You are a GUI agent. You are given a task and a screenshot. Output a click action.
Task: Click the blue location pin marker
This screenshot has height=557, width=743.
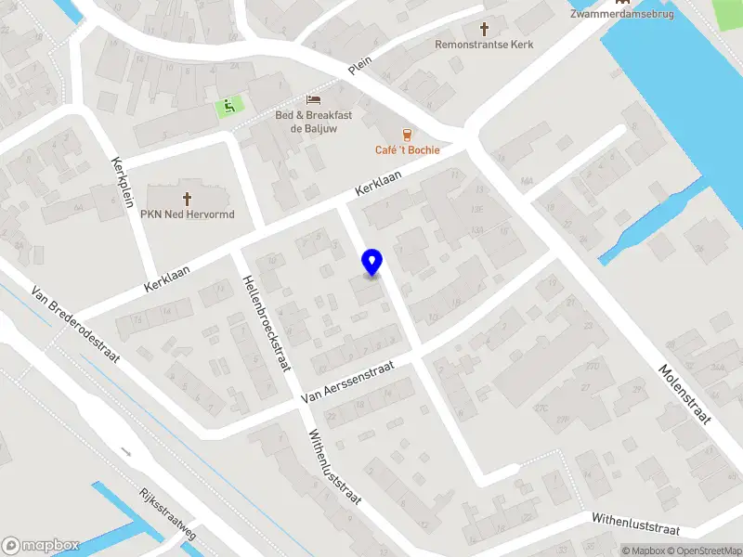point(371,263)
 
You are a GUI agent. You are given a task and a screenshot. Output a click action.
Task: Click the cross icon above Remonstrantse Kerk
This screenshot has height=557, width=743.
point(483,29)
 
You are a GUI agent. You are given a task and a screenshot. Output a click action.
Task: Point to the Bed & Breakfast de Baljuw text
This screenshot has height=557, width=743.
point(313,122)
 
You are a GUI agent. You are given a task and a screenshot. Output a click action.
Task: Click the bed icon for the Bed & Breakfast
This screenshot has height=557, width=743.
point(314,99)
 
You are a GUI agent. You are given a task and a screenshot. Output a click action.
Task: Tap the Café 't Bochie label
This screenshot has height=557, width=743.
point(407,150)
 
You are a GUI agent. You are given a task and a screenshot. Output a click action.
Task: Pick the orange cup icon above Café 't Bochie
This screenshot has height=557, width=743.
point(406,135)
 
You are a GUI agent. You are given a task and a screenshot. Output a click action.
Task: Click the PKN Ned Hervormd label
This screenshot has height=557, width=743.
point(188,215)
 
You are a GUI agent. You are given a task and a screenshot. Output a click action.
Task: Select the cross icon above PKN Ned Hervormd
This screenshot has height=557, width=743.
point(188,199)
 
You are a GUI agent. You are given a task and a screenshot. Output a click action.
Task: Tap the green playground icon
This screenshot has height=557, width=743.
point(227,108)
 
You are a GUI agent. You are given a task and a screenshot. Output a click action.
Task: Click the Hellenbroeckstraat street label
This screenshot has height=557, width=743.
point(263,324)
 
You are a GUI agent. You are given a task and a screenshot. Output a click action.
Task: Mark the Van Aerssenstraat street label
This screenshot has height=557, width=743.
point(348,382)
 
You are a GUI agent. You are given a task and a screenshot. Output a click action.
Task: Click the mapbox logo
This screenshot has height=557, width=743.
point(40,546)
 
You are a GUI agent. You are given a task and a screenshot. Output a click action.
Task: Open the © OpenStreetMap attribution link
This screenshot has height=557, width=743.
point(708,551)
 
